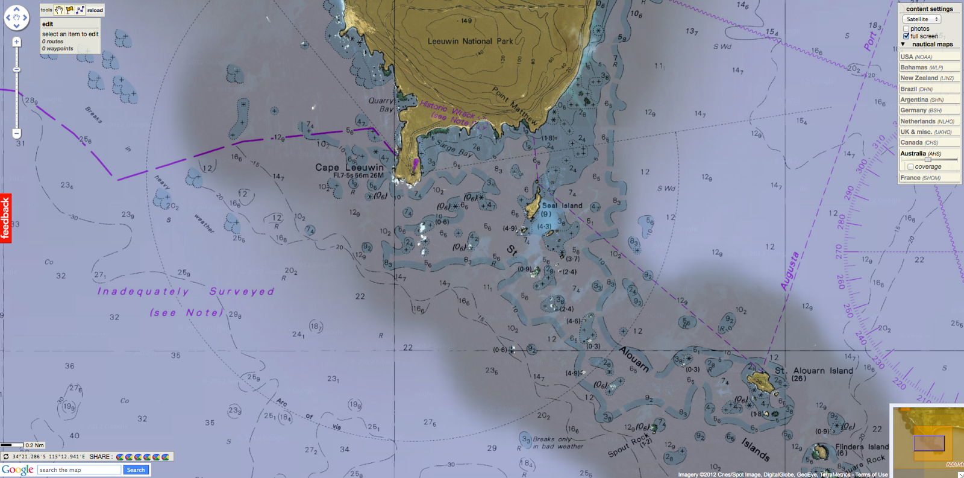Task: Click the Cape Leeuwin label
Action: pyautogui.click(x=349, y=168)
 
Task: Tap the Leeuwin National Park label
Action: pyautogui.click(x=470, y=42)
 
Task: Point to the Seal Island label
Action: pyautogui.click(x=562, y=206)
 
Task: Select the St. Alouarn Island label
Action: pyautogui.click(x=814, y=371)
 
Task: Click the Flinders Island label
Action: pyautogui.click(x=862, y=447)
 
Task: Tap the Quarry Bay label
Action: pyautogui.click(x=381, y=105)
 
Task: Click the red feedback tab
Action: pyautogui.click(x=5, y=218)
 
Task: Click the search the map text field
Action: pyautogui.click(x=80, y=470)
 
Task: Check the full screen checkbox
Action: pyautogui.click(x=906, y=36)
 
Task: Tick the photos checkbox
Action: pyautogui.click(x=906, y=29)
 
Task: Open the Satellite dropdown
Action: pyautogui.click(x=922, y=19)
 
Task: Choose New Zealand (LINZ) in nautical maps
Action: pyautogui.click(x=927, y=78)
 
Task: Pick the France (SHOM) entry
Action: pyautogui.click(x=920, y=178)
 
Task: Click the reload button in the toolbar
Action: pyautogui.click(x=95, y=10)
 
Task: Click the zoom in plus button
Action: pyautogui.click(x=16, y=42)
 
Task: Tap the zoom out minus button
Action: pyautogui.click(x=16, y=133)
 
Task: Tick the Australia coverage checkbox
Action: pyautogui.click(x=910, y=167)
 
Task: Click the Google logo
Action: pyautogui.click(x=17, y=470)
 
